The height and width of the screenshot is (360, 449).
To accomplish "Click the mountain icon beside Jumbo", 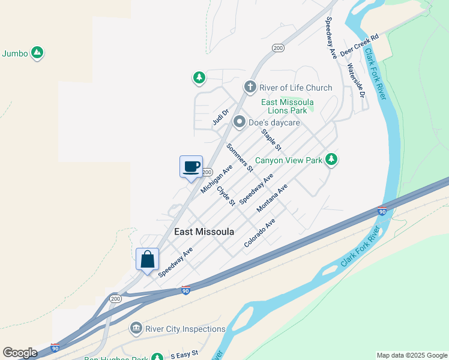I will coord(37,53).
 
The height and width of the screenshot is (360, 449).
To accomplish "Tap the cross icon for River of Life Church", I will coord(250,88).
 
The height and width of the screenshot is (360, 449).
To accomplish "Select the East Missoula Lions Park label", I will coord(288,106).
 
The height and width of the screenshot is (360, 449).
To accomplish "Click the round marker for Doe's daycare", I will coord(240,122).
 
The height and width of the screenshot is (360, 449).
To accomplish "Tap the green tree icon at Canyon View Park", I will coord(330,160).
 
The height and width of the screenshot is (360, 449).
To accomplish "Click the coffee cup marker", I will coord(191,166).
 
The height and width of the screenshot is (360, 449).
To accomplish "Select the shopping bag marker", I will coord(148,259).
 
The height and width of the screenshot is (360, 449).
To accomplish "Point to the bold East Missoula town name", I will coord(203,232).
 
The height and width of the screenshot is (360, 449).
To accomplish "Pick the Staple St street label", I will coord(272,140).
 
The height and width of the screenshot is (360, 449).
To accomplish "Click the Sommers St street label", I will coord(240,157).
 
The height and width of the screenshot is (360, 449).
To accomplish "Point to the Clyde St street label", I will coord(226,196).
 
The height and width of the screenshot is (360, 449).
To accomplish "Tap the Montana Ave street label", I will coord(272,198).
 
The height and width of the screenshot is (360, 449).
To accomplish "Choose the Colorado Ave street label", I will coord(259,233).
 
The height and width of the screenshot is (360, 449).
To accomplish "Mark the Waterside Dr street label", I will coord(356,81).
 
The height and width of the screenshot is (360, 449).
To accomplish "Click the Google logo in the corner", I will coord(20,353).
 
